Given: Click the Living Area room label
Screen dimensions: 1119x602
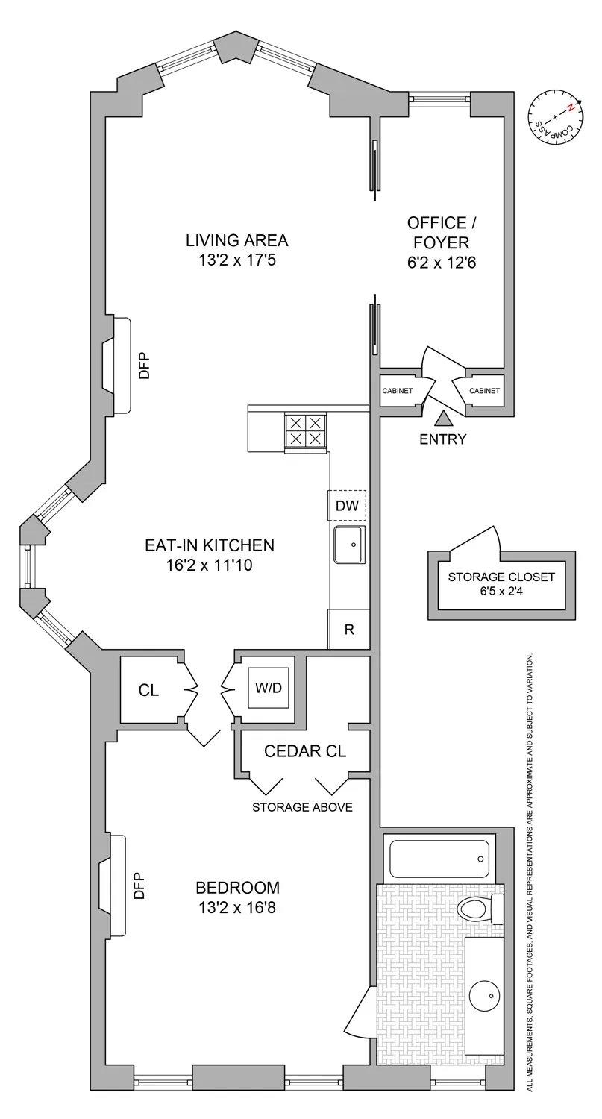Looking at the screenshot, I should pyautogui.click(x=236, y=240).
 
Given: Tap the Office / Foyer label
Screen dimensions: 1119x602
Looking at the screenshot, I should pyautogui.click(x=438, y=232).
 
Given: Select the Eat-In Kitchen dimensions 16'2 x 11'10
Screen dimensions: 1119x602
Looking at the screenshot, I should pyautogui.click(x=210, y=565).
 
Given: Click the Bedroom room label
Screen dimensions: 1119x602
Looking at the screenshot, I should pyautogui.click(x=237, y=888).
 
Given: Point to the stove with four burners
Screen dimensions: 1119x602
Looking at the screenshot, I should pyautogui.click(x=306, y=430).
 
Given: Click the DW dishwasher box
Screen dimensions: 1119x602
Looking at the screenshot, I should pyautogui.click(x=347, y=506).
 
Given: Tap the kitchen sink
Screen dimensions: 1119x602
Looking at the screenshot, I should pyautogui.click(x=348, y=545).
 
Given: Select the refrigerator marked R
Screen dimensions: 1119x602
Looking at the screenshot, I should pyautogui.click(x=348, y=628).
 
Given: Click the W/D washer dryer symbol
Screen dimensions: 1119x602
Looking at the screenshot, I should pyautogui.click(x=269, y=688).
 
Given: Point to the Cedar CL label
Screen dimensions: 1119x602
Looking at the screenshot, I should pyautogui.click(x=305, y=751).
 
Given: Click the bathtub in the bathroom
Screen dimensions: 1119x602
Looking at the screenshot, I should pyautogui.click(x=439, y=859).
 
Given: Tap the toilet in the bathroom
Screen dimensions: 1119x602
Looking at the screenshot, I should pyautogui.click(x=477, y=909).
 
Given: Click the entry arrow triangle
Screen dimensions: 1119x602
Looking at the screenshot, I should pyautogui.click(x=443, y=419).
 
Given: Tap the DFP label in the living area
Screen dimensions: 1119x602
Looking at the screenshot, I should pyautogui.click(x=145, y=366).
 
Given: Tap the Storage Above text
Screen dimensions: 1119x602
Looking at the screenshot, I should pyautogui.click(x=301, y=807).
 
